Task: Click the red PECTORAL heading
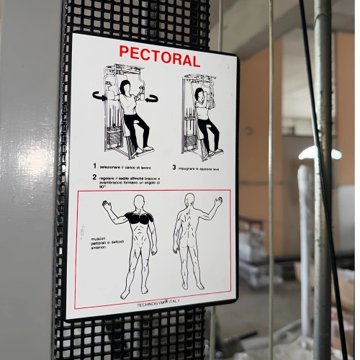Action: pyautogui.click(x=159, y=55)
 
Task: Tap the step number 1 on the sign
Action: pyautogui.click(x=94, y=166)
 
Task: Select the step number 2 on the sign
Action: pyautogui.click(x=94, y=176)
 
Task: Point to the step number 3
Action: pyautogui.click(x=174, y=167)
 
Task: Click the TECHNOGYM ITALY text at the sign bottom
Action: pyautogui.click(x=158, y=304)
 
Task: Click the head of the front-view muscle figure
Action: pyautogui.click(x=139, y=201)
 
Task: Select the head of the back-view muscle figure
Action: pyautogui.click(x=189, y=199)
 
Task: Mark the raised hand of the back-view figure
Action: pyautogui.click(x=217, y=202)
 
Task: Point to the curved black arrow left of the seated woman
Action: pyautogui.click(x=99, y=95)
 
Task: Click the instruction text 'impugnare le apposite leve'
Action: pyautogui.click(x=204, y=167)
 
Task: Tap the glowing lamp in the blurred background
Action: pyautogui.click(x=320, y=153)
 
